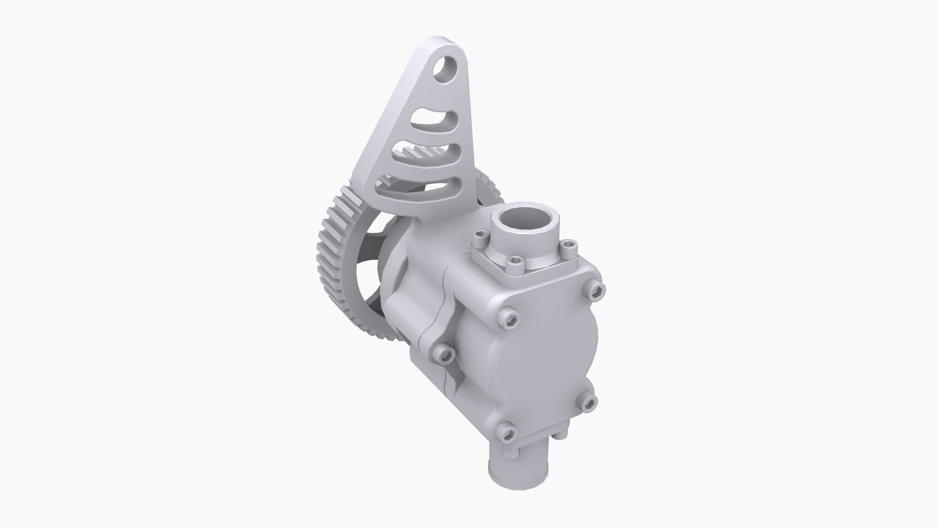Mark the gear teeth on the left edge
[x=326, y=254]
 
